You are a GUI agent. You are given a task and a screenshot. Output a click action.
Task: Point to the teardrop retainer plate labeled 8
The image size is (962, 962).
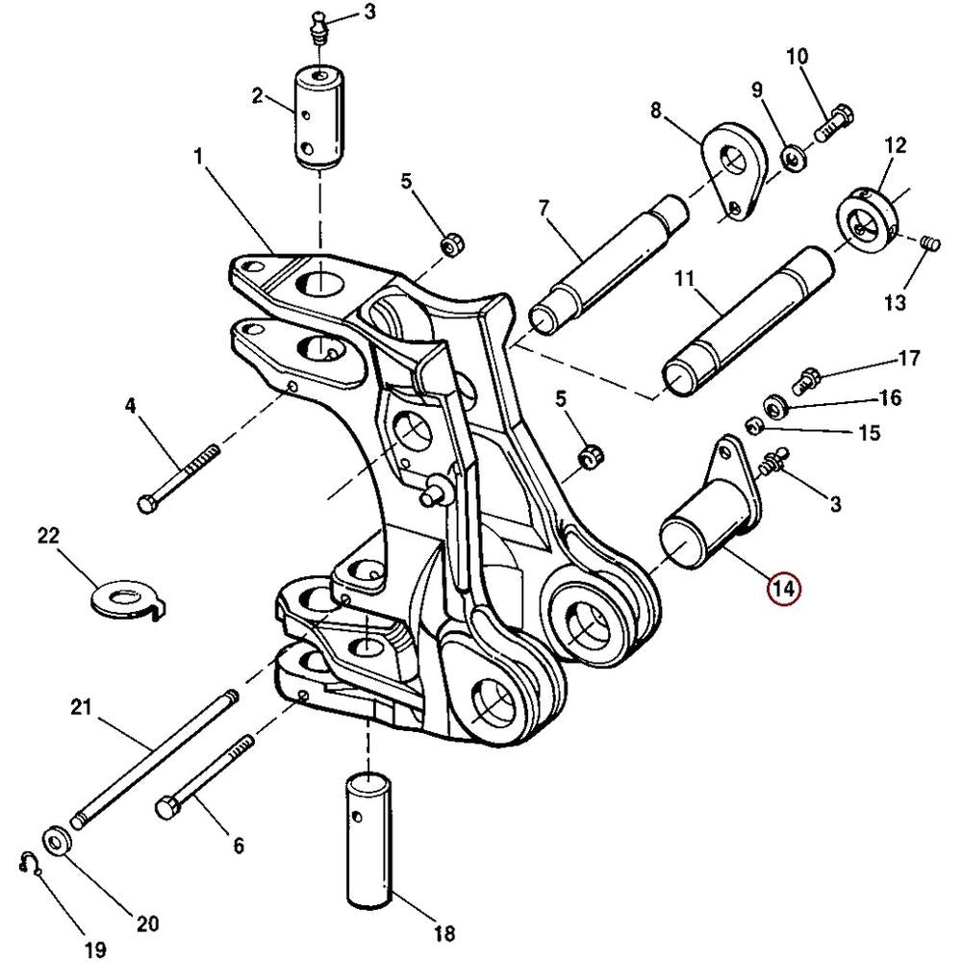click(x=734, y=172)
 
